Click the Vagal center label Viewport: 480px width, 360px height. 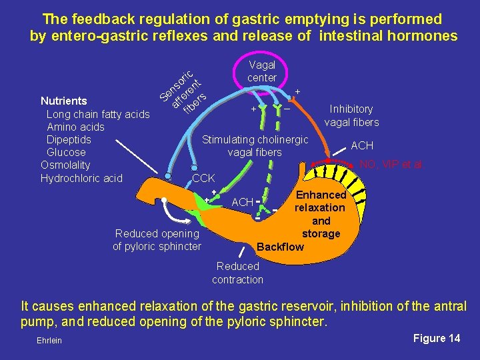pos(261,71)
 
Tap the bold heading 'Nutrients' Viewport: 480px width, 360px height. pos(64,101)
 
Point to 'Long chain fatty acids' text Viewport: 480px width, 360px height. pos(98,114)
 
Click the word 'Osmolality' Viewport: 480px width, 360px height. pos(65,165)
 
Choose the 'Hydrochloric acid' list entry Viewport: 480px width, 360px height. pos(81,178)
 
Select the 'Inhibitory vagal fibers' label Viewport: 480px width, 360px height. pos(351,115)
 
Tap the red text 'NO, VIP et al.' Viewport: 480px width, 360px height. pos(391,165)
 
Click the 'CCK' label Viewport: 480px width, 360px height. pos(203,179)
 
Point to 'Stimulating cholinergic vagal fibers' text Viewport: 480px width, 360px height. pos(255,146)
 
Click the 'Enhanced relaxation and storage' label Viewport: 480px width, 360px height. pos(321,214)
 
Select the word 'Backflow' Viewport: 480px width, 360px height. pos(280,247)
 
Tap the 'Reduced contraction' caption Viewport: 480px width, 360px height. pos(237,273)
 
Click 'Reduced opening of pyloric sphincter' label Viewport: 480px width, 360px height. pos(157,240)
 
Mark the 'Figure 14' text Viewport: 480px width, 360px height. pos(436,339)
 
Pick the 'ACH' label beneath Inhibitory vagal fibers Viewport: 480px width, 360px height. pos(362,145)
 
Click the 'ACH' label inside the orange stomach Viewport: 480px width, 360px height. pos(242,202)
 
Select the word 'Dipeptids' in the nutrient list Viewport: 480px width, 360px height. pos(69,139)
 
